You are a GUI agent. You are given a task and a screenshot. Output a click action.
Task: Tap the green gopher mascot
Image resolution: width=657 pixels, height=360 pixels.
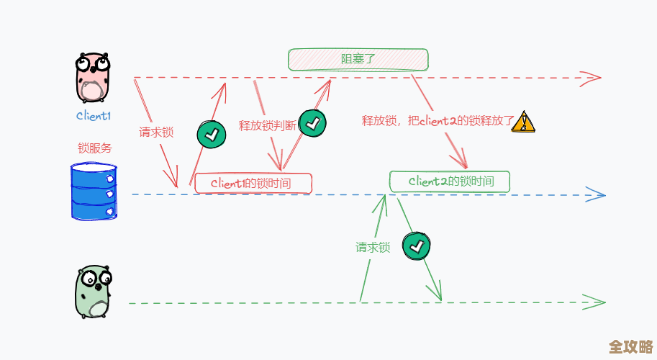click(x=94, y=292)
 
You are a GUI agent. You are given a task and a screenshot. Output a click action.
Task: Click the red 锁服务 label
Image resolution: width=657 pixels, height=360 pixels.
click(x=95, y=148)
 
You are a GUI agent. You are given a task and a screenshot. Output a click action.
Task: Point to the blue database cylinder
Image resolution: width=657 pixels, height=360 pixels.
click(x=94, y=191)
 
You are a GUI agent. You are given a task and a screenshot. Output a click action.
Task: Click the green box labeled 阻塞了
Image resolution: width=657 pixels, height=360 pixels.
click(x=358, y=59)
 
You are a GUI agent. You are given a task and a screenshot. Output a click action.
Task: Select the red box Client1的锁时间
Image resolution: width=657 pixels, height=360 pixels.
click(x=253, y=183)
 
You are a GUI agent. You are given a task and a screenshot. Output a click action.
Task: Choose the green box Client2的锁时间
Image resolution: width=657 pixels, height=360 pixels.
click(x=450, y=181)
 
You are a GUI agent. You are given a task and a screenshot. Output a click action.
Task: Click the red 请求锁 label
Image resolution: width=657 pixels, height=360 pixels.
click(x=156, y=132)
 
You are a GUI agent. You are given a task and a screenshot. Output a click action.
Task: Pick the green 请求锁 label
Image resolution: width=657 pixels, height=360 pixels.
click(x=373, y=247)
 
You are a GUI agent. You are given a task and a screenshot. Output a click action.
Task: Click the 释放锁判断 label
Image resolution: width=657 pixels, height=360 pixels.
click(x=267, y=125)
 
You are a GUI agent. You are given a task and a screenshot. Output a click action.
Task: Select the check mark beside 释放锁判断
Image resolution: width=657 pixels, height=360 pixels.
click(x=312, y=123)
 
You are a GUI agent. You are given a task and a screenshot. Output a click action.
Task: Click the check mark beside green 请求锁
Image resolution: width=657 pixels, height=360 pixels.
click(x=417, y=247)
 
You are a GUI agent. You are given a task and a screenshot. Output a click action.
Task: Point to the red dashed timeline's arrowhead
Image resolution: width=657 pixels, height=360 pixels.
click(x=592, y=77)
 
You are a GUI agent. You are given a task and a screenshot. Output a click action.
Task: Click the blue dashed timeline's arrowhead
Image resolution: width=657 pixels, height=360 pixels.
click(x=596, y=194)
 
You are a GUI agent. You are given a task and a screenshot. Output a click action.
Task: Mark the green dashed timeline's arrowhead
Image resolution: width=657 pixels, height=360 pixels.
click(x=594, y=302)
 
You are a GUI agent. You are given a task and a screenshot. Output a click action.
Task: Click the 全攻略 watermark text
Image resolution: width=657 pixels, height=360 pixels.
click(x=631, y=347)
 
